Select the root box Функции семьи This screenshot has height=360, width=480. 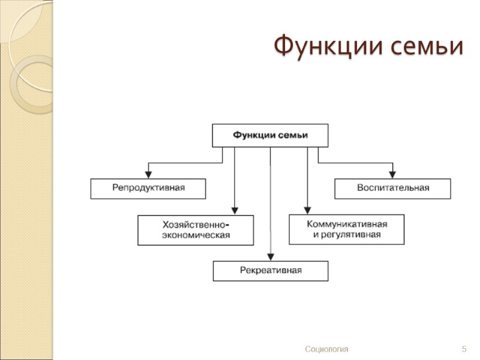270,135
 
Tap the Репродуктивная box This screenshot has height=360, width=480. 148,188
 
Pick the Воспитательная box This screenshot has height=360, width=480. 392,188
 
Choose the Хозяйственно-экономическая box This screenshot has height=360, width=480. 196,230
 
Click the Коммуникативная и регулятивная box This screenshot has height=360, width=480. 346,229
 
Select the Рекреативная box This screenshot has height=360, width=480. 271,271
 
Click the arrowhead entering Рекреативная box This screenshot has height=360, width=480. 271,257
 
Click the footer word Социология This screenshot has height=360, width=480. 326,349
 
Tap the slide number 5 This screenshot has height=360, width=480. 464,349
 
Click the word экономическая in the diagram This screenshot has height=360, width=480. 196,235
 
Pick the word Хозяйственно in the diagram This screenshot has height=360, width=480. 194,224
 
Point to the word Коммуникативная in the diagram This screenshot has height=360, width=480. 347,224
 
